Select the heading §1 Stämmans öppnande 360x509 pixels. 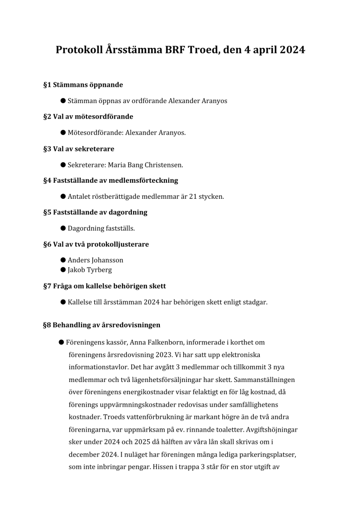[83, 85]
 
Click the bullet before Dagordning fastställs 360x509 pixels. [63, 228]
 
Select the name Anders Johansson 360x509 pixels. [95, 260]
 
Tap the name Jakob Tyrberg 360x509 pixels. [90, 270]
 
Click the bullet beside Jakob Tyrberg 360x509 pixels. [63, 270]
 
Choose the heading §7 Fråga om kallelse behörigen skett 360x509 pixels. [105, 286]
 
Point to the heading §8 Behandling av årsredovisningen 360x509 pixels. [102, 325]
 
